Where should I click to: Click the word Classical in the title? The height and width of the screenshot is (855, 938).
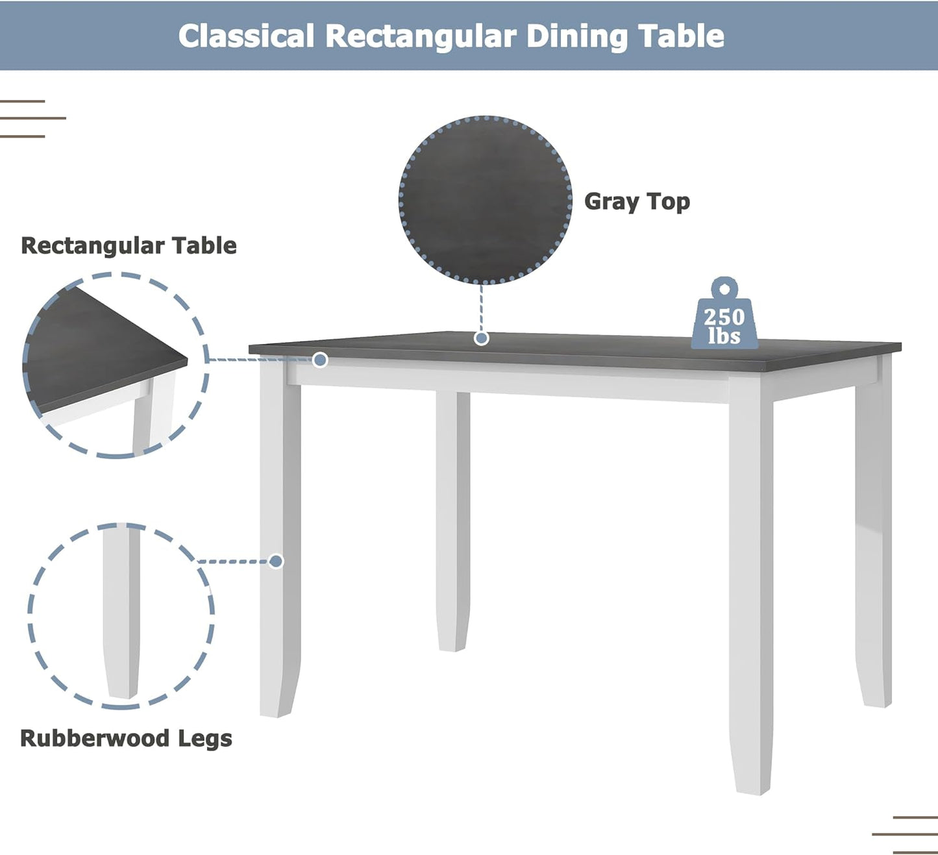[246, 36]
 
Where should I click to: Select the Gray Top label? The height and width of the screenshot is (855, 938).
[636, 201]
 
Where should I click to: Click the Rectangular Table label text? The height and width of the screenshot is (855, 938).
[129, 245]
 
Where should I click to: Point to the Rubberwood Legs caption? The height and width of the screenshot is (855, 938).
[126, 738]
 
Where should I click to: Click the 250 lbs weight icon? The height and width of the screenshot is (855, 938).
[724, 318]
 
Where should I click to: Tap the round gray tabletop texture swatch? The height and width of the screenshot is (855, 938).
[485, 200]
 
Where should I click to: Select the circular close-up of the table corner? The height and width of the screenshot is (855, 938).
[115, 366]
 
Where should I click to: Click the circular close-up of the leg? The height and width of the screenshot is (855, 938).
[121, 615]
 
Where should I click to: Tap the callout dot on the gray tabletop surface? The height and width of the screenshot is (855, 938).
[481, 338]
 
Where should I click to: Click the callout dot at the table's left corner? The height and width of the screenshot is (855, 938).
[320, 360]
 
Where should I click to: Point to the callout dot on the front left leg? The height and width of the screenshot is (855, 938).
[276, 561]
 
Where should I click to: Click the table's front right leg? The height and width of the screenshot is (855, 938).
[751, 584]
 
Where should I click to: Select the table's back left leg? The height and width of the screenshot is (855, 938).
[452, 519]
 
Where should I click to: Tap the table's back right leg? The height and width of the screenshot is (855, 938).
[874, 539]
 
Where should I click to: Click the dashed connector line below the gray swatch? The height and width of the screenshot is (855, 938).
[481, 308]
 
